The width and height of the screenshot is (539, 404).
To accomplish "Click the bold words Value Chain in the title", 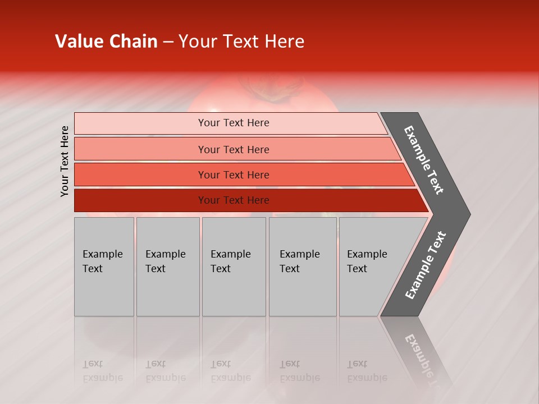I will click(106, 42).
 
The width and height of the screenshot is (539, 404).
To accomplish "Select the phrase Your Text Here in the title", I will click(241, 42).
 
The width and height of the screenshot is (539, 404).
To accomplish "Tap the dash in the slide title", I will click(168, 42).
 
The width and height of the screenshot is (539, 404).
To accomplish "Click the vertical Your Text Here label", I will click(65, 161).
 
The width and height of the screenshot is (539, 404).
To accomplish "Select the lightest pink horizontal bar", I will click(230, 123).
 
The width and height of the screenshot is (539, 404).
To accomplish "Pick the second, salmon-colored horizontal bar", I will click(236, 149).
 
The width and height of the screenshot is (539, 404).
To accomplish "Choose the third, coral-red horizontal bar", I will click(241, 175).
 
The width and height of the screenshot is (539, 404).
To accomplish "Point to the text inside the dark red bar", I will click(234, 200).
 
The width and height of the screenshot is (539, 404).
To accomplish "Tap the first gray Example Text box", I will click(104, 267).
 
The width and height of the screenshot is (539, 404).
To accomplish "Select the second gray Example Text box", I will click(168, 267).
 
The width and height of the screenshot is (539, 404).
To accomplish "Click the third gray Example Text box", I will click(234, 267).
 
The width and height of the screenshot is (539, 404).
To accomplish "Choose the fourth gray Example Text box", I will click(303, 267).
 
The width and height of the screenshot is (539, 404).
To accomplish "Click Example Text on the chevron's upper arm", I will click(424, 160).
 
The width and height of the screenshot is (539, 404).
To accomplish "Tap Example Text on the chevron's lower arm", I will click(425, 265).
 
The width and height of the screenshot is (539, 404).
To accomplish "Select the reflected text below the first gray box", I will click(102, 371).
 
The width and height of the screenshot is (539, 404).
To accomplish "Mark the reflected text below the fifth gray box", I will click(367, 371).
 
